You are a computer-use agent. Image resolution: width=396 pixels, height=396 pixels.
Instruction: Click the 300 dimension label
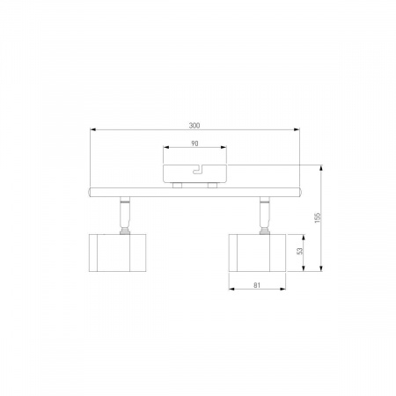click(194, 126)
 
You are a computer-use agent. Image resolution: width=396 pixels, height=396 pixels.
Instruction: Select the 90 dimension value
click(194, 143)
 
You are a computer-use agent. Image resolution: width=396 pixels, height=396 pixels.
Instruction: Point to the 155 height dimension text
click(318, 217)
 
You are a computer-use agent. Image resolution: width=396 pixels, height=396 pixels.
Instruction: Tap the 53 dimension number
click(299, 251)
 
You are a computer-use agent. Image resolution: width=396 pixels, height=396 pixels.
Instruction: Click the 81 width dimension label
click(257, 285)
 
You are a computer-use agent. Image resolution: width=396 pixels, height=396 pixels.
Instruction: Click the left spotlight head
click(117, 253)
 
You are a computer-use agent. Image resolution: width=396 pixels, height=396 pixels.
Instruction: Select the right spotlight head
click(257, 253)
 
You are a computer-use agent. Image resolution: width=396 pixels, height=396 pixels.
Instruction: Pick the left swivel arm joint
click(125, 215)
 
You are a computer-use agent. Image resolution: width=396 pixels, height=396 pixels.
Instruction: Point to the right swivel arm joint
click(265, 215)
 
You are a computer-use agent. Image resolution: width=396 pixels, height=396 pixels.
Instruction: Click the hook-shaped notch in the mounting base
click(199, 170)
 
